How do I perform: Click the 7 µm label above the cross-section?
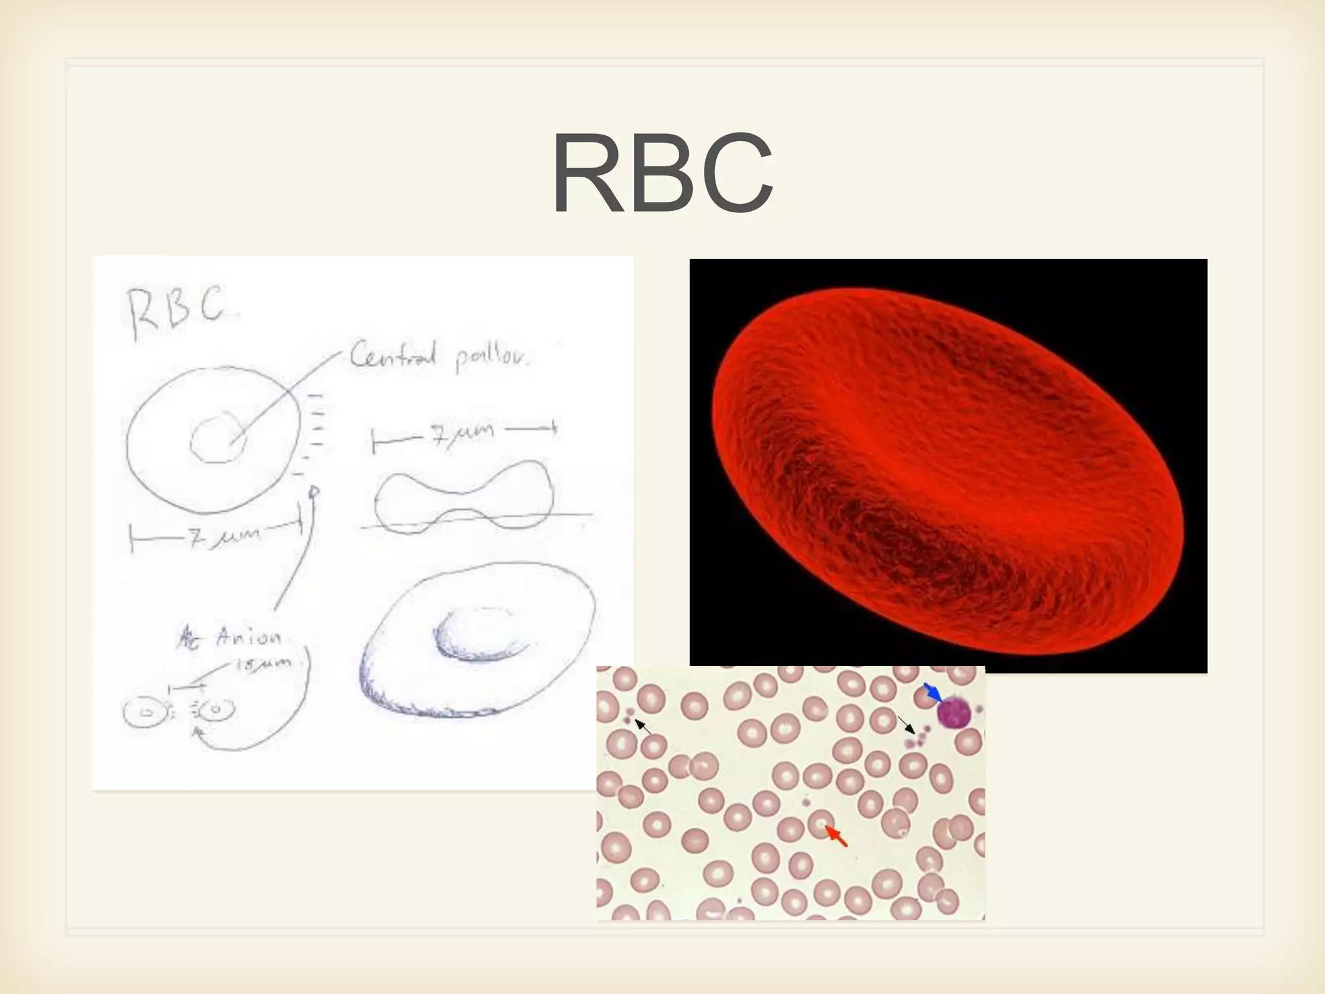pos(463,433)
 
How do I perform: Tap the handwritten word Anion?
pos(249,638)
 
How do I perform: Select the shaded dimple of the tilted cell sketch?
pos(482,633)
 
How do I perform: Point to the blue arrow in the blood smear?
pos(932,692)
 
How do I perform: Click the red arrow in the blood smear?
pos(837,835)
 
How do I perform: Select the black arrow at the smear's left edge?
pos(642,726)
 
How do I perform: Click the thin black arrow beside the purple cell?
pos(906,725)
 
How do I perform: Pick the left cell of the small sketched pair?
pos(145,713)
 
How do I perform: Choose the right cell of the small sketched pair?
pos(215,710)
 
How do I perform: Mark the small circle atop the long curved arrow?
pos(314,492)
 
